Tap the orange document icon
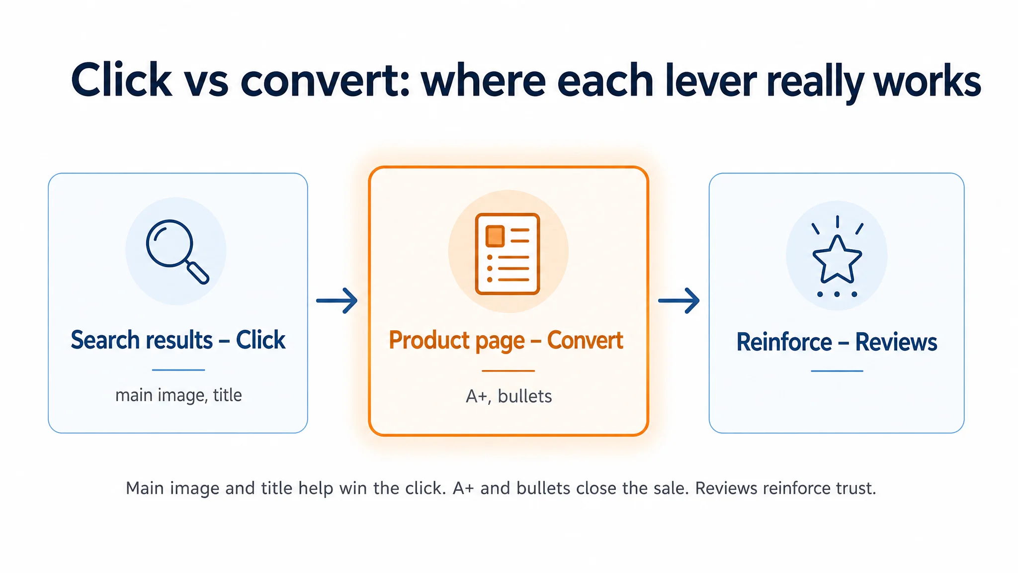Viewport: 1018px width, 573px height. click(508, 254)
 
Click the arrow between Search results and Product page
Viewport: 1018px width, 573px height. click(337, 300)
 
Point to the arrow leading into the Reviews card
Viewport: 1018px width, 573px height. click(679, 300)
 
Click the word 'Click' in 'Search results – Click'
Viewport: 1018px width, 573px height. click(260, 340)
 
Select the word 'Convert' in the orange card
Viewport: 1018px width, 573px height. click(585, 341)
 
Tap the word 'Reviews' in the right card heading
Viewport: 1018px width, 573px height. click(896, 342)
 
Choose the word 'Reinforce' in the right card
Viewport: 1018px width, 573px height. click(784, 342)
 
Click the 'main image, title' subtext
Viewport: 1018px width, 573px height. click(178, 395)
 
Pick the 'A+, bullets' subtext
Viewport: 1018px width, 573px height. click(509, 396)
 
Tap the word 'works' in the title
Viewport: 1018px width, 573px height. click(928, 80)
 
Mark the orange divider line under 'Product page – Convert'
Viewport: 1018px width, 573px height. click(508, 371)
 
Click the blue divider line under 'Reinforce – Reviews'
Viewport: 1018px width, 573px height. click(837, 371)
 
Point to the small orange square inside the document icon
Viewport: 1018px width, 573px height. click(495, 236)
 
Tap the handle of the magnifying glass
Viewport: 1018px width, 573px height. click(197, 273)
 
